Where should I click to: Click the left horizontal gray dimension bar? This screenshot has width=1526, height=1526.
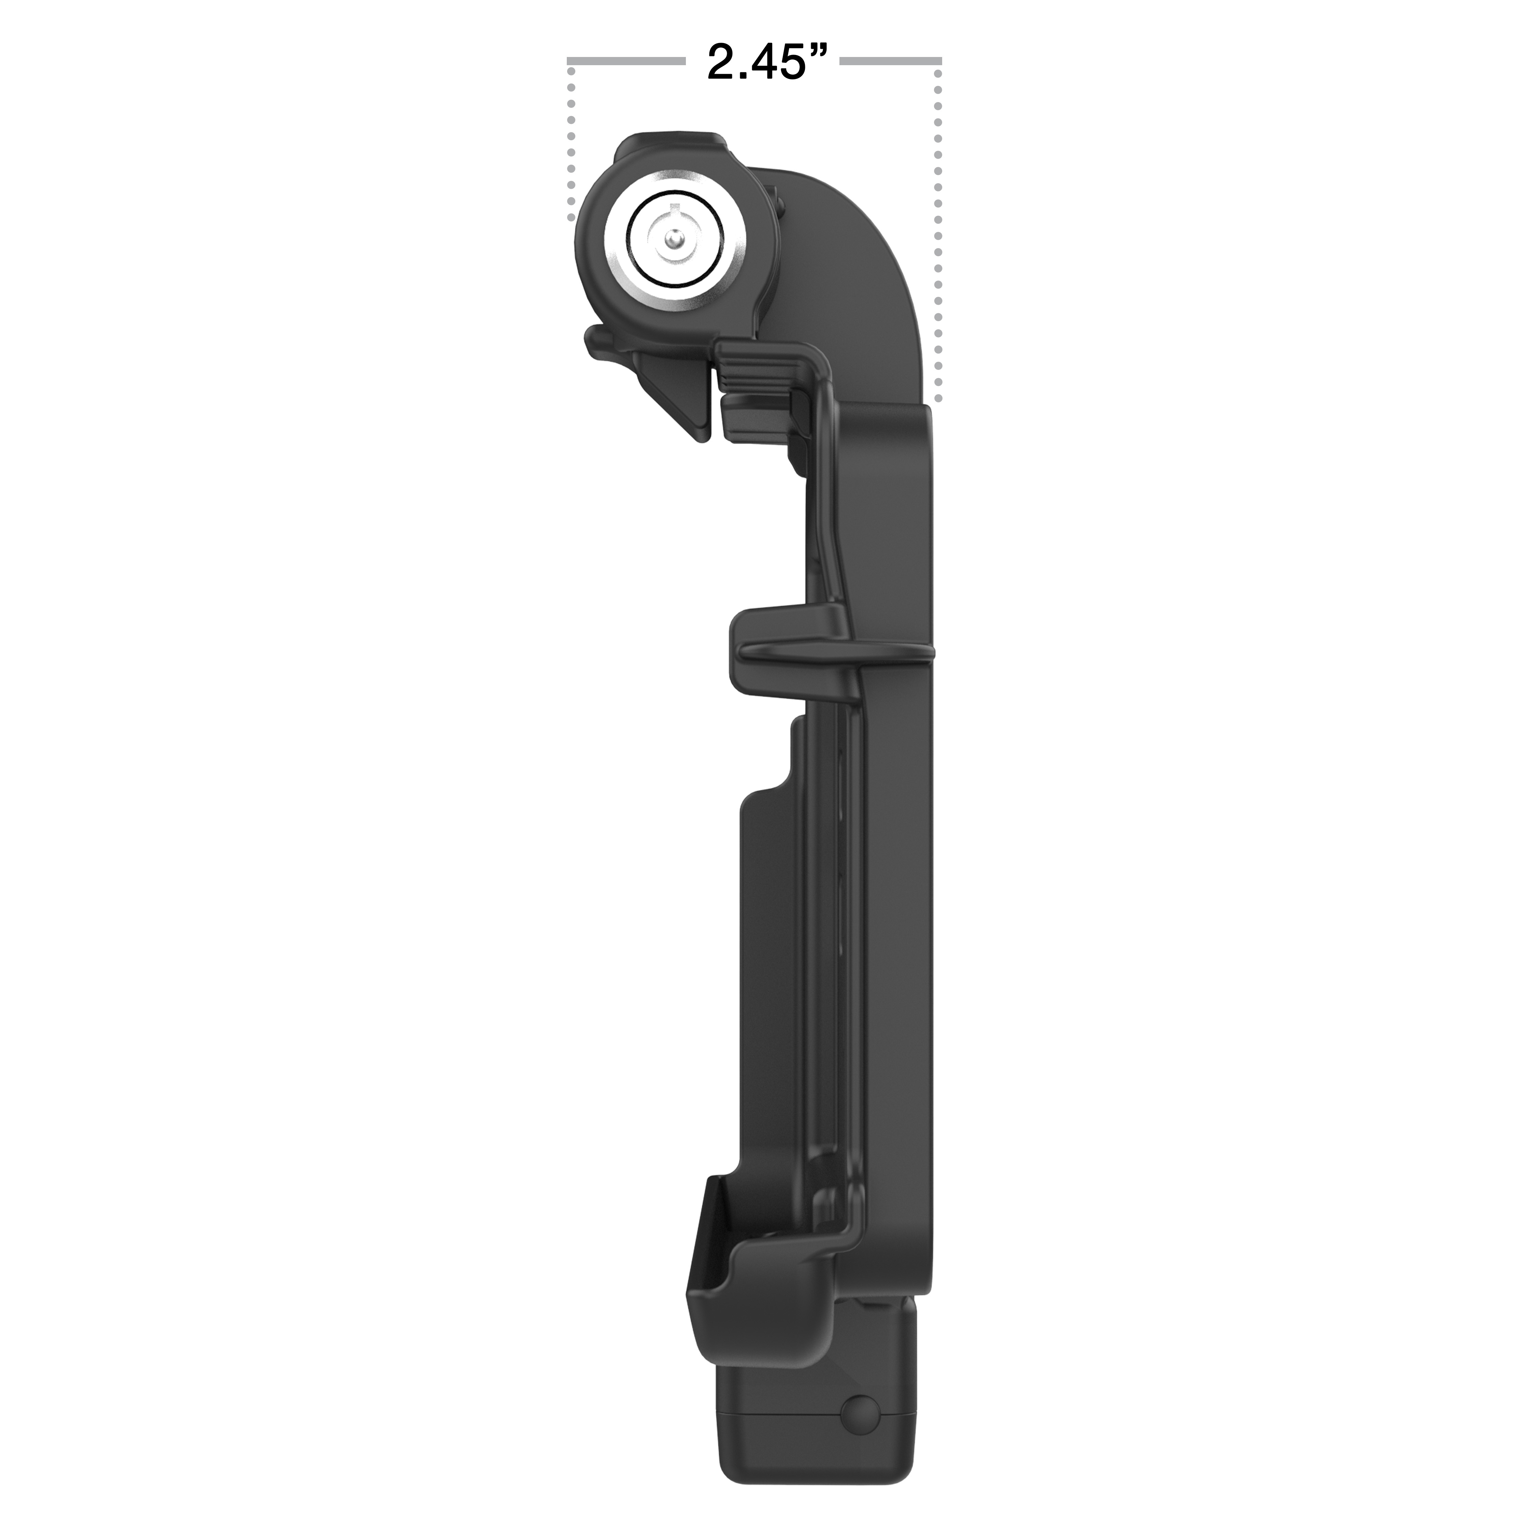tap(625, 60)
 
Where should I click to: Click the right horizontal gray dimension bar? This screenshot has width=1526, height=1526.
tap(891, 60)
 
